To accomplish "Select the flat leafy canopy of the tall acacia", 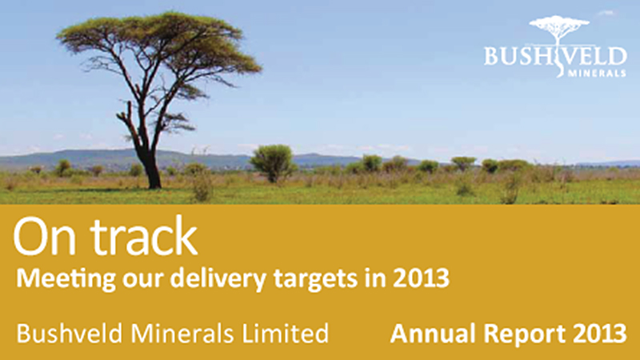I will point(160,44).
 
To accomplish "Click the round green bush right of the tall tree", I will point(272,160).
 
